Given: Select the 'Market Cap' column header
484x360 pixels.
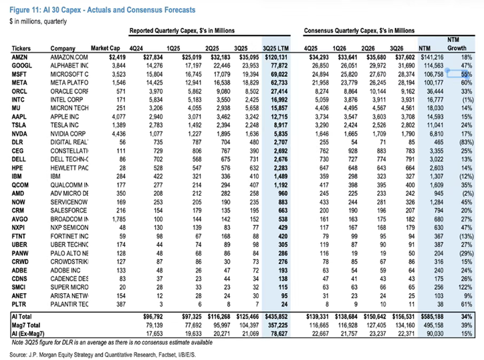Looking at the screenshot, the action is click(105, 48).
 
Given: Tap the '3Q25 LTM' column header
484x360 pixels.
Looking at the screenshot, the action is click(275, 49).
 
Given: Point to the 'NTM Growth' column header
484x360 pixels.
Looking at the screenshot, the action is click(457, 44).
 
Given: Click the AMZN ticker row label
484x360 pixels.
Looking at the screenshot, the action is click(19, 57).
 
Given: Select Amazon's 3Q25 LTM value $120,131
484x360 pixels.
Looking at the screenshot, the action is click(276, 57).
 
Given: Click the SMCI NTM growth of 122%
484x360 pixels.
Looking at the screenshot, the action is click(465, 287).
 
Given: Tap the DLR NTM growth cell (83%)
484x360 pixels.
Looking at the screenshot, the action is click(467, 142).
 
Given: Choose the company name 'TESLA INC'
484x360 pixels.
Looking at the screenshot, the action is click(65, 125).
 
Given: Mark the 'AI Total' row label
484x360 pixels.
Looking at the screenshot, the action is click(21, 317).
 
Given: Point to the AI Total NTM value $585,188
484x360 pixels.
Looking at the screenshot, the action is click(432, 317).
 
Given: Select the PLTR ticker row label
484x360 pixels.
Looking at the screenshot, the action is click(19, 304).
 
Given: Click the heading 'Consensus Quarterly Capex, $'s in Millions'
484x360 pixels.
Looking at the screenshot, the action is click(359, 31).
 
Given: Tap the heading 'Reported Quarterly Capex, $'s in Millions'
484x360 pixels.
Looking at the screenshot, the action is click(182, 31).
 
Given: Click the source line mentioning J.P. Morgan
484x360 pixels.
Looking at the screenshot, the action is click(102, 355).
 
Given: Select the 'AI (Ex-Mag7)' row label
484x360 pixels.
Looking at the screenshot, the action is click(28, 333).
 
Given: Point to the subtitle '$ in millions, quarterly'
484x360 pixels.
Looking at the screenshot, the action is click(38, 21).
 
